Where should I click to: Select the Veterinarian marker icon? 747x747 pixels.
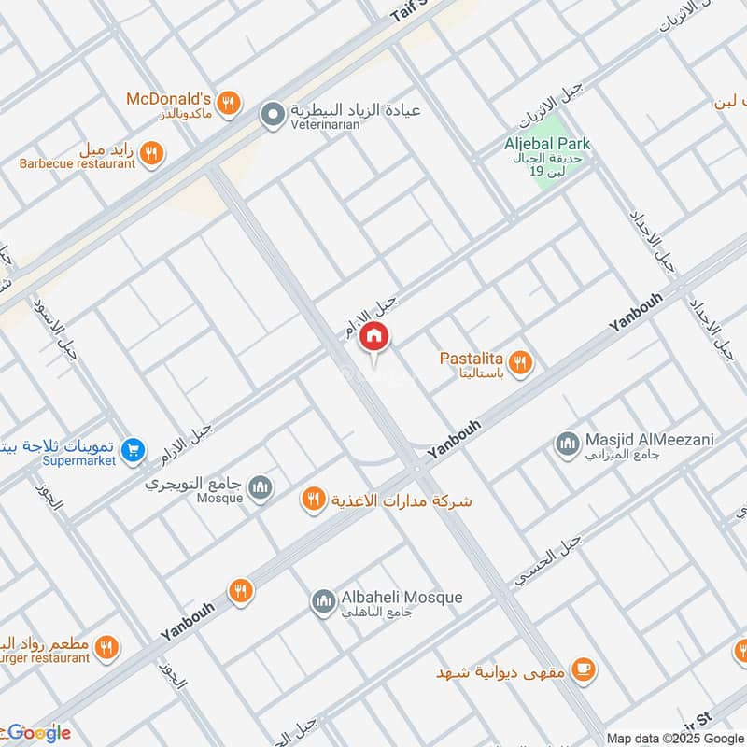tap(272, 115)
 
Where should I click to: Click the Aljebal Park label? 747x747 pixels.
tap(548, 144)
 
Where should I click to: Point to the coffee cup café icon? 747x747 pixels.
tap(584, 669)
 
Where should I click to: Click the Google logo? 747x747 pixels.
tap(38, 732)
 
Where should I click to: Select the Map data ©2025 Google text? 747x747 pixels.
tap(676, 737)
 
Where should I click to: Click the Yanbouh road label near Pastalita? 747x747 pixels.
tap(635, 311)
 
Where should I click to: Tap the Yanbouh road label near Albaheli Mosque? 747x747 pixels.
tap(188, 619)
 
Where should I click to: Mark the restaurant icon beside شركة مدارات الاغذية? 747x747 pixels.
tap(314, 500)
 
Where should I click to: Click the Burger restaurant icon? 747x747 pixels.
tap(107, 647)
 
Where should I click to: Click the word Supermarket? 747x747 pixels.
tap(78, 460)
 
